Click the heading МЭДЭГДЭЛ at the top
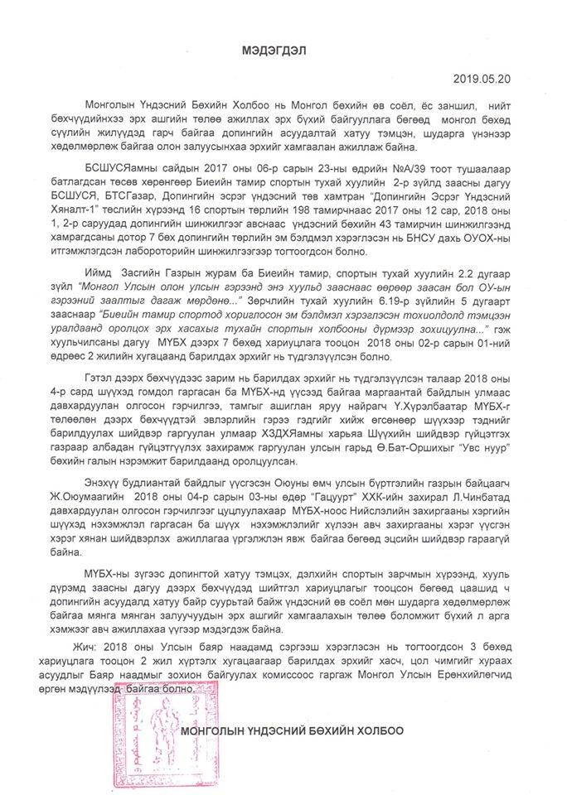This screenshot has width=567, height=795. [283, 51]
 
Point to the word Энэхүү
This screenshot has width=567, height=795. [104, 504]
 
